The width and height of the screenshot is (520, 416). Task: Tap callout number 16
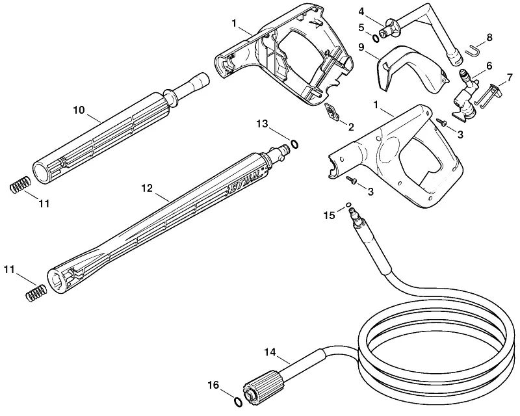pos(214,385)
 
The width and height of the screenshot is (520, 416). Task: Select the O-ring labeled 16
pos(238,401)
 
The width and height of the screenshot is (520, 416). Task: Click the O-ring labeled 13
pos(294,144)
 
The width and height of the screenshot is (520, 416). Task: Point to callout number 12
pos(147,188)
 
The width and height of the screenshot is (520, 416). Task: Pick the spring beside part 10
pos(20,184)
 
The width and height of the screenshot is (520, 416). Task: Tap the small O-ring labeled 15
pos(348,205)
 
